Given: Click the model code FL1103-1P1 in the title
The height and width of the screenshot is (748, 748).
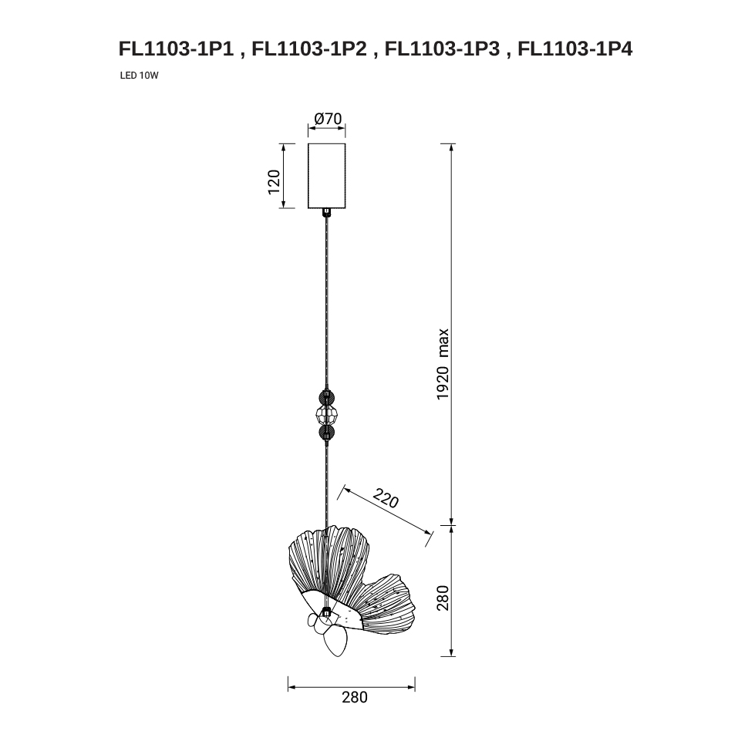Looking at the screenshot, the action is coord(176,49).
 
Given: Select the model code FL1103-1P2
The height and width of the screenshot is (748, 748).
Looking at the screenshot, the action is coord(309,49).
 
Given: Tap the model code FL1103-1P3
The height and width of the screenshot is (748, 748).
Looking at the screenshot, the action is coord(442,49).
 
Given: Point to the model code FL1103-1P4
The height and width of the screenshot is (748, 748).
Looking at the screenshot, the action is coord(575,49).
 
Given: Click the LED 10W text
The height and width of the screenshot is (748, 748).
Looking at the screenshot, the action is coord(139,76).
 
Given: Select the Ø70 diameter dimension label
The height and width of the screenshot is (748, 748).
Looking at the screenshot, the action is coord(329,118).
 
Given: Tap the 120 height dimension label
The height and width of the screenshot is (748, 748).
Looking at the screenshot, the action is coord(274,182).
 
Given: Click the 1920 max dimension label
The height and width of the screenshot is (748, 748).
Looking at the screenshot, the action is coord(443,364).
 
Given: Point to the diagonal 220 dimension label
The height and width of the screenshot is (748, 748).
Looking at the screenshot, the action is coord(386,498).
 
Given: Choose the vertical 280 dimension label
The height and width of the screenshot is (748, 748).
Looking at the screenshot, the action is coord(443,598).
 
